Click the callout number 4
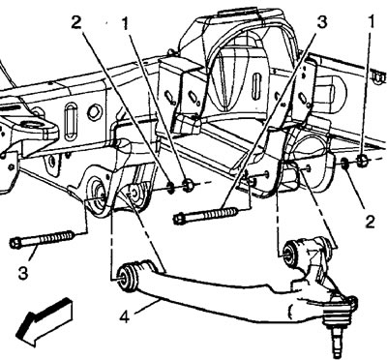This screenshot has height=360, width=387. pos(124,317)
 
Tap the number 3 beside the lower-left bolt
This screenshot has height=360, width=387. pos(23,274)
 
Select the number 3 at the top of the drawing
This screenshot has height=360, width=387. pos(321,22)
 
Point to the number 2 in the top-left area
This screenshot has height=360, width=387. pos(76,22)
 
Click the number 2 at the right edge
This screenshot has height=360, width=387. pos(370,223)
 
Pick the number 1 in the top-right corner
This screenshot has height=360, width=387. pos(371,22)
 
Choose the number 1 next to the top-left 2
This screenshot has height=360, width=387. pos(126,22)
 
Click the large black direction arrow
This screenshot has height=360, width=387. pos(45,320)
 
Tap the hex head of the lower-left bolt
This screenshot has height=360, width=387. pos(15,243)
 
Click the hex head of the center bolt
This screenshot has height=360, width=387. pos(178,220)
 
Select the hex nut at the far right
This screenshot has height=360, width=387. pos(363,161)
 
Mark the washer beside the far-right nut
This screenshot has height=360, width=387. pos(344,163)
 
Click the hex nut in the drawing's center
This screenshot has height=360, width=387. pos(188,185)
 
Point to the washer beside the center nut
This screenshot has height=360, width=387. pos(171,187)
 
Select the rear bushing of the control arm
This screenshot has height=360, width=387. pos(292,252)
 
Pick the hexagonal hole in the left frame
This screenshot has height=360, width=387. pos(95,112)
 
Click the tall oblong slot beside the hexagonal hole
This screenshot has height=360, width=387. pos(71,121)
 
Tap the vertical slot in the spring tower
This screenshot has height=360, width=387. pos(256,86)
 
